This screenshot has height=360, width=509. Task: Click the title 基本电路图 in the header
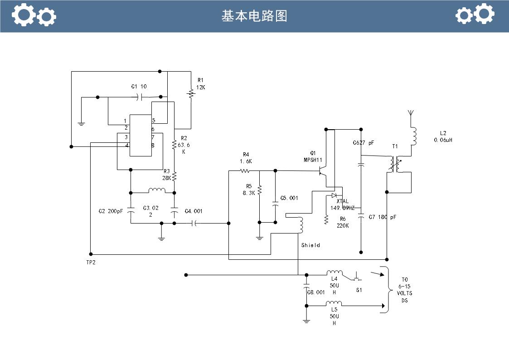tap(254, 16)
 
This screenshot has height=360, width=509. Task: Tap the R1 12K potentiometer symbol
tap(191, 93)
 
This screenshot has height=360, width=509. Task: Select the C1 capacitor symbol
tap(142, 97)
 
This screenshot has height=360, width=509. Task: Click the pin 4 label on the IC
tap(126, 146)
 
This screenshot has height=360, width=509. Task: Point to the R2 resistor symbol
tap(174, 145)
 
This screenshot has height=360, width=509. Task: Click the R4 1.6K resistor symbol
tap(245, 171)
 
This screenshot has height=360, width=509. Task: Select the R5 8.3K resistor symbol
tap(259, 190)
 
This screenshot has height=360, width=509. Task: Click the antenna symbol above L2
tap(411, 113)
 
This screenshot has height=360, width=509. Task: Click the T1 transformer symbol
tap(394, 165)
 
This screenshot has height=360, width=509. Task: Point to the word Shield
tap(310, 245)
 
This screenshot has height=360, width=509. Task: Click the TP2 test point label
tap(91, 263)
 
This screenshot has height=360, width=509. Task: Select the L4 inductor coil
tap(334, 272)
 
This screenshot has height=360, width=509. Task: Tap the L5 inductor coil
tap(334, 303)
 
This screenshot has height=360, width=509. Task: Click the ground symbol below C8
tap(306, 321)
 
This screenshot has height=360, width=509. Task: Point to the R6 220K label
tap(342, 222)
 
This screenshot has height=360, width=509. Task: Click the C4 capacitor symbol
tap(194, 223)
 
